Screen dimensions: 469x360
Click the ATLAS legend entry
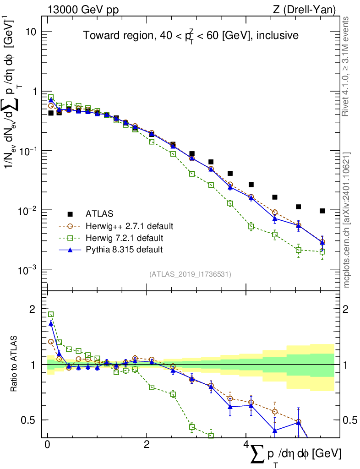pyautogui.click(x=99, y=214)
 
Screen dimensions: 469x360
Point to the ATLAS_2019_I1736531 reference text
pyautogui.click(x=190, y=274)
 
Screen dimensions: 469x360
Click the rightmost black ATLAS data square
pyautogui.click(x=322, y=211)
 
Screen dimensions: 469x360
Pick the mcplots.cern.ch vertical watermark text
pyautogui.click(x=347, y=220)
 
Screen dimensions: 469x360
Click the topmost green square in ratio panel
pyautogui.click(x=51, y=314)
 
